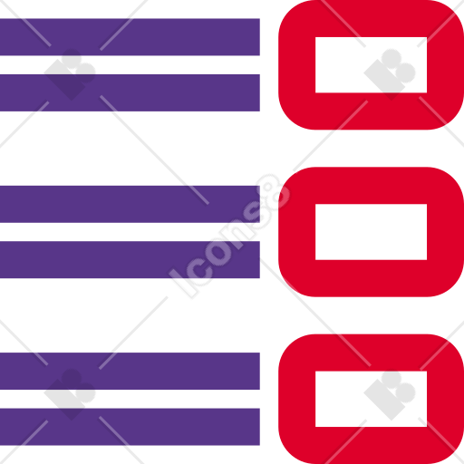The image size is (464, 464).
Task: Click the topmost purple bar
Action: coord(130,37)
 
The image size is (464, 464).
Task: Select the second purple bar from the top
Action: coord(130,92)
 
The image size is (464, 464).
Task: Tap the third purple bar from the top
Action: coord(130,204)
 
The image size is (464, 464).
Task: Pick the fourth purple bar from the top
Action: coord(130,259)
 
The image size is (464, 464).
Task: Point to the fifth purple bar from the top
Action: coord(130,371)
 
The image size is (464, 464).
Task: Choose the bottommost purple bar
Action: coord(130,427)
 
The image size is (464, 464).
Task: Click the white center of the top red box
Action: coord(371,65)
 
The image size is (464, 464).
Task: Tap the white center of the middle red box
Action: coord(371,232)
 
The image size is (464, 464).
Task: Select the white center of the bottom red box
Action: coord(371,399)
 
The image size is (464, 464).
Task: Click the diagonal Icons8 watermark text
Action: coord(229,236)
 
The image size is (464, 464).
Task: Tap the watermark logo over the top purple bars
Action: coord(70,74)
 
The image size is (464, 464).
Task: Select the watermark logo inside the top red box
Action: coord(390,74)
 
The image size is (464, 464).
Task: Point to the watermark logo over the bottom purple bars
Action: coord(70,394)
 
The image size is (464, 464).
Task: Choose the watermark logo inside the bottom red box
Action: coord(390,394)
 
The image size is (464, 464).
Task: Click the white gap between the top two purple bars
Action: coord(130,65)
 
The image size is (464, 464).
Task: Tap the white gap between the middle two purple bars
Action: coord(130,232)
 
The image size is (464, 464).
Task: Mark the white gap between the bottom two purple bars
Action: coord(130,399)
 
